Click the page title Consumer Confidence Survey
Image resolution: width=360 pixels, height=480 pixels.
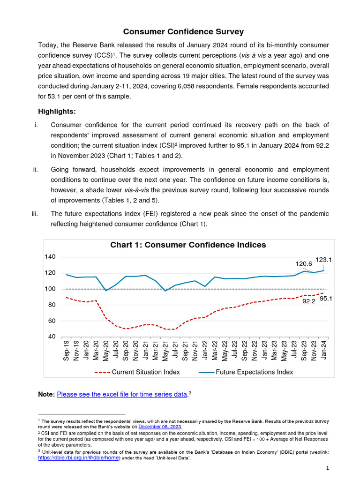[x=183, y=32]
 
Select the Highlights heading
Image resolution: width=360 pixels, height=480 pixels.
[x=56, y=112]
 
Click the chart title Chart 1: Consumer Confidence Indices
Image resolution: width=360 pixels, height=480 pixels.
[x=188, y=245]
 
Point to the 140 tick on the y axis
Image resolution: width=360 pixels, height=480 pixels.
[x=50, y=257]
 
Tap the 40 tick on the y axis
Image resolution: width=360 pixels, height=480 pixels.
[x=50, y=337]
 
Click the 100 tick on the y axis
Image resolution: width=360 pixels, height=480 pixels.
[x=50, y=289]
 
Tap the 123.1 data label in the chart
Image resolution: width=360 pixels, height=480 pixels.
[x=323, y=259]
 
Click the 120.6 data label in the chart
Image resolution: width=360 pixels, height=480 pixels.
[x=303, y=264]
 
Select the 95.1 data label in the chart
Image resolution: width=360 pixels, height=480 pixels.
[x=325, y=298]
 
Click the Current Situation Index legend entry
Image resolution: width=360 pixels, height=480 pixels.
[x=145, y=372]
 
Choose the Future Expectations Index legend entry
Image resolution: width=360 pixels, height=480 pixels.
[x=254, y=372]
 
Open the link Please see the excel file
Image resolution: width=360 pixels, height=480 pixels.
[x=122, y=395]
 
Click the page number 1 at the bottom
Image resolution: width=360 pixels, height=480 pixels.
[x=328, y=468]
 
